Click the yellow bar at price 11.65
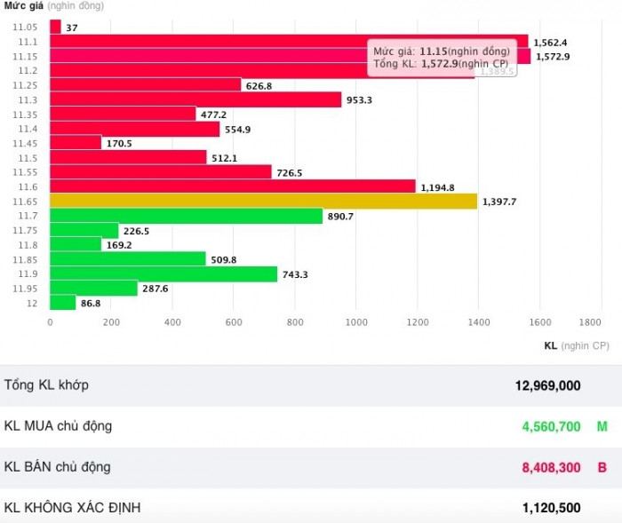263,202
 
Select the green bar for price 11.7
186,216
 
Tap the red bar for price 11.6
233,186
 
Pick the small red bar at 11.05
55,28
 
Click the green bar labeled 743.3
163,274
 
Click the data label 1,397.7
498,202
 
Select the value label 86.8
91,304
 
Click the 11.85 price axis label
25,260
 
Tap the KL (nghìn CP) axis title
576,345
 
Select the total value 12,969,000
547,385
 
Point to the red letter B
602,468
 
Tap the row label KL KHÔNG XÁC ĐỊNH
72,508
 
